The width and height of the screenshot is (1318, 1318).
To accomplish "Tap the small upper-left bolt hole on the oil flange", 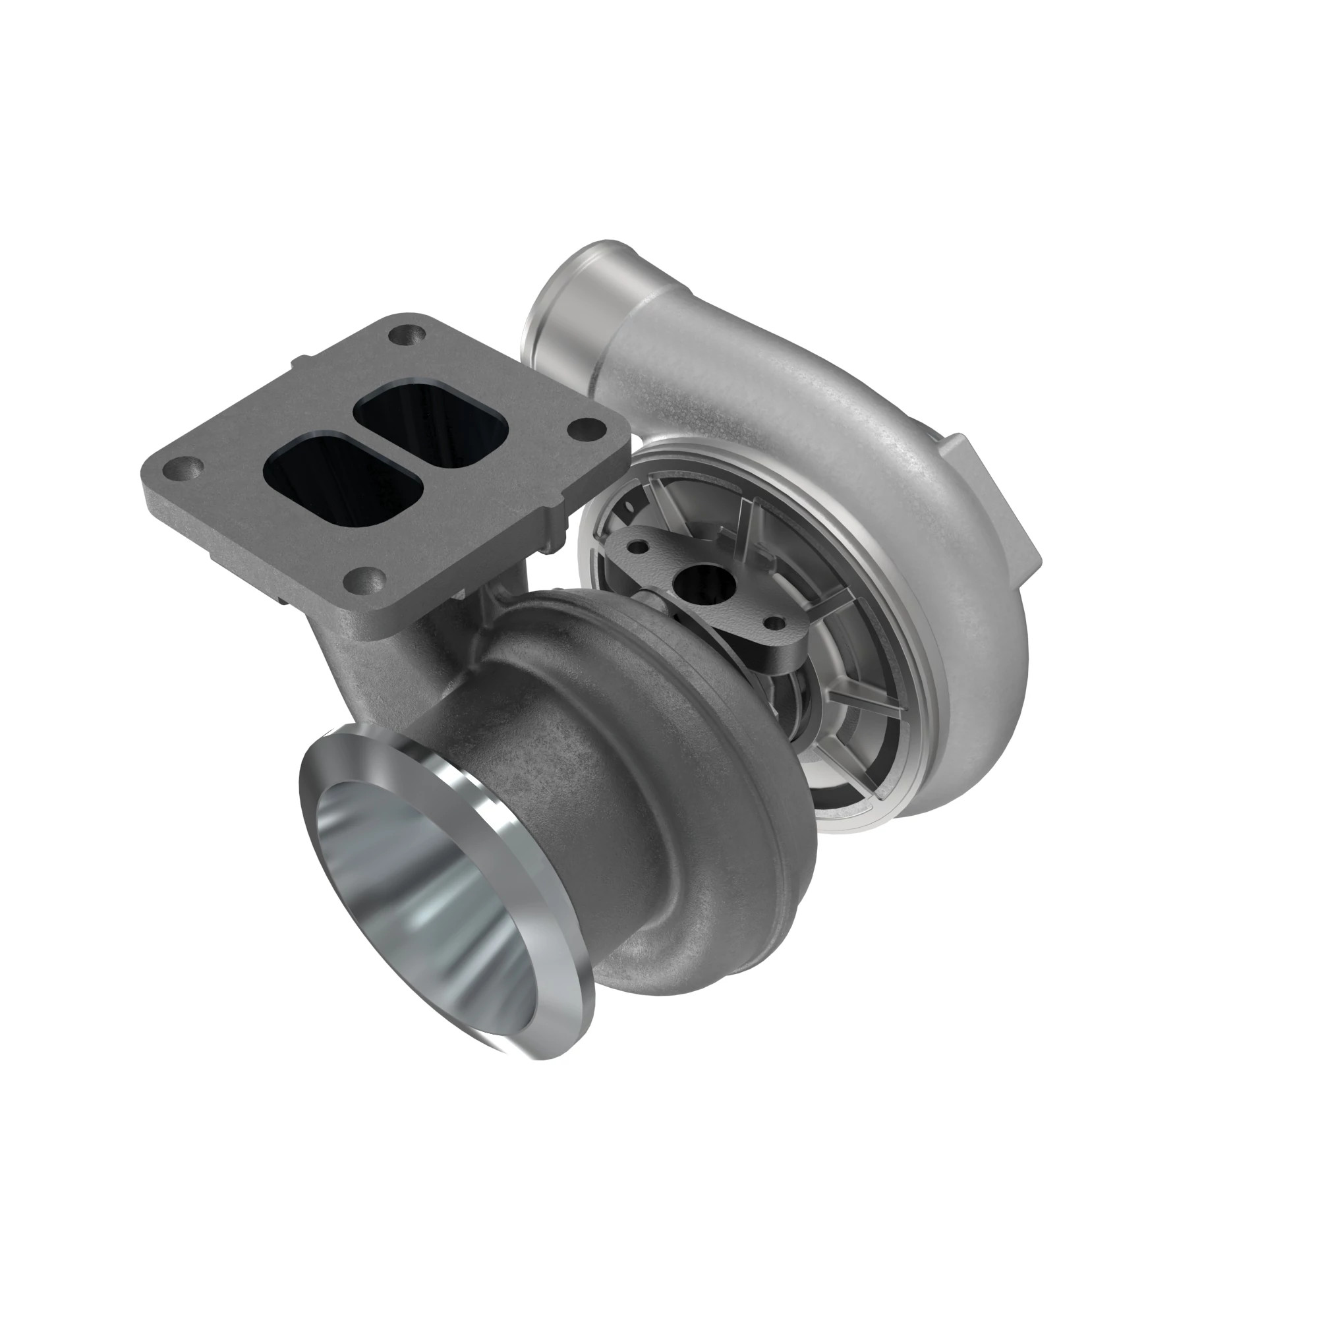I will (x=639, y=547).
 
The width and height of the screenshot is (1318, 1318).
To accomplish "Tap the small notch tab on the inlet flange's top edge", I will (x=299, y=362).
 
